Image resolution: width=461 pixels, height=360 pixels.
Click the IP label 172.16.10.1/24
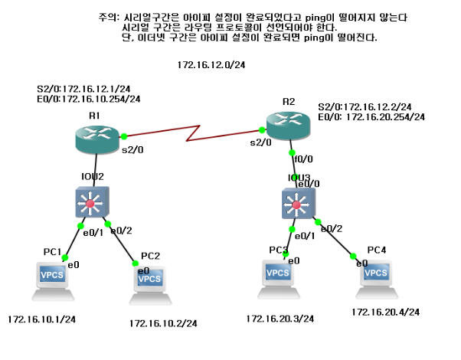41,319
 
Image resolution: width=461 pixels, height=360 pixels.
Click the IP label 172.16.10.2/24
163,324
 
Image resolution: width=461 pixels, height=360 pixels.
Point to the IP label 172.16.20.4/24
386,313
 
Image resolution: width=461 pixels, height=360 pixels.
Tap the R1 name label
95,115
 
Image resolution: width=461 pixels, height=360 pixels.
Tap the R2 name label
289,101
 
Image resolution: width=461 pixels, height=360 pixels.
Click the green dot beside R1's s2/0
124,136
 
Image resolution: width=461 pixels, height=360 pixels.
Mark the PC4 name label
377,250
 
